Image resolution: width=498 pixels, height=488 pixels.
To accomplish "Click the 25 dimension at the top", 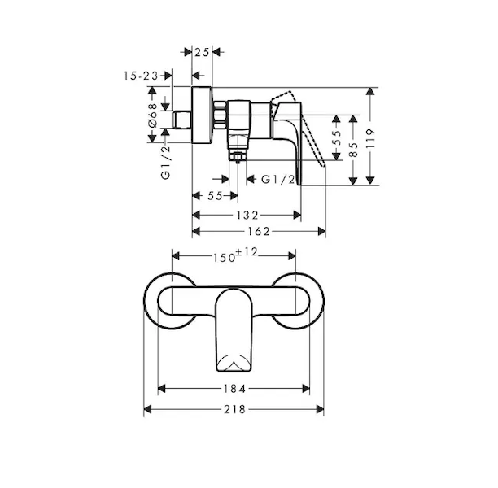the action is (202, 52).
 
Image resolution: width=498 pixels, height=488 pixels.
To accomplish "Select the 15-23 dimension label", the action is (141, 76).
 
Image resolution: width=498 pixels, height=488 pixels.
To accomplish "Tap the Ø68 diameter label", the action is (153, 115).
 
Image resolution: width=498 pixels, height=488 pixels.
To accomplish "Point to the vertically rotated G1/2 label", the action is (166, 162).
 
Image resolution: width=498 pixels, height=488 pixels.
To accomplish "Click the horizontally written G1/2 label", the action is (278, 180).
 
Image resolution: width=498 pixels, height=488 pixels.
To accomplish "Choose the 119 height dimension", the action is (370, 138).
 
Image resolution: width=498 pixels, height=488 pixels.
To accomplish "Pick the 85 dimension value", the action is (353, 149).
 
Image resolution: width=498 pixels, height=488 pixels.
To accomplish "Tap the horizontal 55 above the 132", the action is (215, 196).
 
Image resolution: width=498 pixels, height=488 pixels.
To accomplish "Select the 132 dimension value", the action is (247, 216).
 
